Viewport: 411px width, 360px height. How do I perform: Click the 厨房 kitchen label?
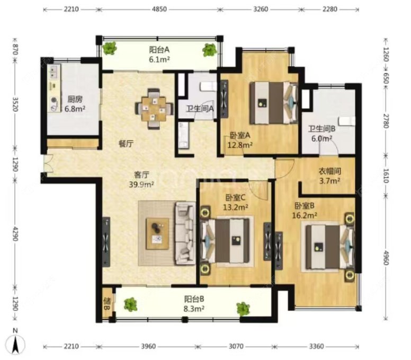(x=75, y=100)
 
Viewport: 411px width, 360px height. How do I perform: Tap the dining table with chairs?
(x=154, y=109)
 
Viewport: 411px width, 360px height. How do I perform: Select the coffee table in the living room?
(x=157, y=233)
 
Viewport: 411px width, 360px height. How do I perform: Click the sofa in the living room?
(x=185, y=233)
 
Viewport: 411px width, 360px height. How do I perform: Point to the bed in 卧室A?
(x=274, y=103)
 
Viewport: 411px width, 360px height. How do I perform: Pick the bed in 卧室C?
(x=225, y=241)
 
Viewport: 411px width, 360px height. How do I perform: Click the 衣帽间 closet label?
(x=330, y=171)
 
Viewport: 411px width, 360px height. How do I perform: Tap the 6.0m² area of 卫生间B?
(x=322, y=138)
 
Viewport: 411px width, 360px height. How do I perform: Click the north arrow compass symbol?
(x=16, y=343)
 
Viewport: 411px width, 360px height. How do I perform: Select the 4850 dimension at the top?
(x=159, y=9)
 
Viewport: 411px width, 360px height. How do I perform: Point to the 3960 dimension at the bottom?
(x=148, y=346)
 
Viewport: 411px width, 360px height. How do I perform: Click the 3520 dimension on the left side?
(x=15, y=104)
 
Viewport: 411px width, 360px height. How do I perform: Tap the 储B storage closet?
(x=107, y=304)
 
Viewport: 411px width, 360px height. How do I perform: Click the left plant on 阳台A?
(x=109, y=48)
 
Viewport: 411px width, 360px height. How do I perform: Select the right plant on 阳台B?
(x=243, y=309)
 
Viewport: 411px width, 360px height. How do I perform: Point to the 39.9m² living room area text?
(x=141, y=184)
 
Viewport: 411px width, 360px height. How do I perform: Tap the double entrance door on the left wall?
(x=49, y=163)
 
